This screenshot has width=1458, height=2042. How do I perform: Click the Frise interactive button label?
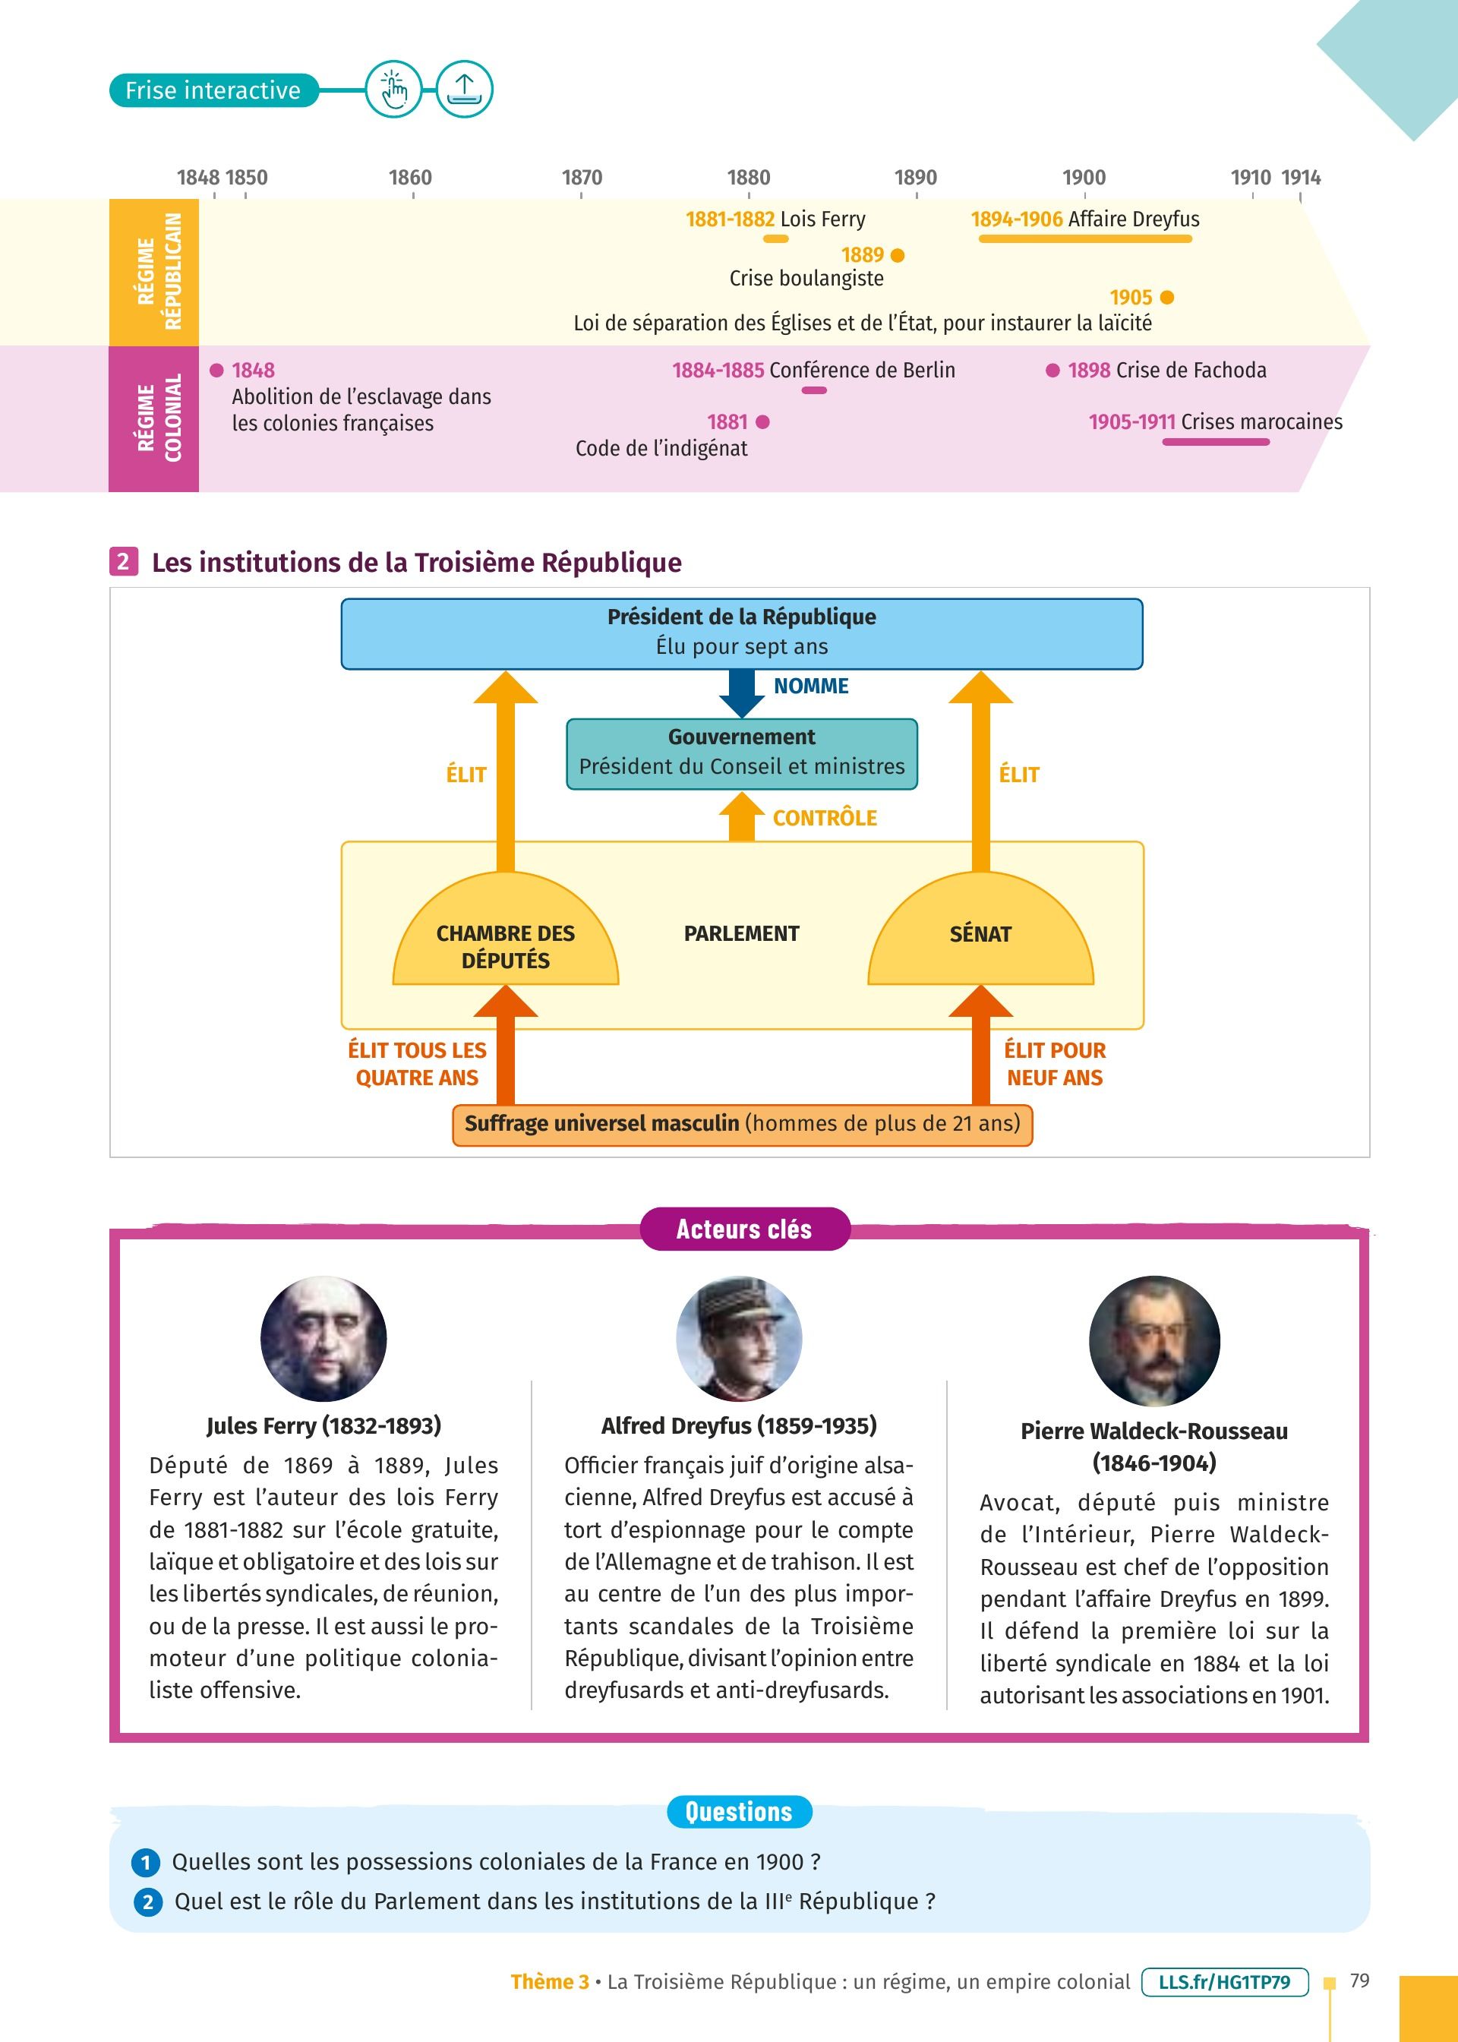(x=213, y=90)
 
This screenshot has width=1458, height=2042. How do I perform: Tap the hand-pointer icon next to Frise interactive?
(x=393, y=90)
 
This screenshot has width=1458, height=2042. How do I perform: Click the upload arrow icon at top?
(x=464, y=90)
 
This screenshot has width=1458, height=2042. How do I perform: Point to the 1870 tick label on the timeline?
(x=582, y=178)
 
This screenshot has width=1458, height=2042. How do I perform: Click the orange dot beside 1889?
(x=898, y=256)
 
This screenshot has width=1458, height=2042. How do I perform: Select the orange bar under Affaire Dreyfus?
(x=1084, y=238)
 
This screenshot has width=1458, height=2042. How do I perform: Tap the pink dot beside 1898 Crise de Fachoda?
(x=1052, y=371)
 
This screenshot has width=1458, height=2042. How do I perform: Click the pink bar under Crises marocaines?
(x=1215, y=442)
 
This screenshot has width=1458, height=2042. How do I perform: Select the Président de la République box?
(x=742, y=633)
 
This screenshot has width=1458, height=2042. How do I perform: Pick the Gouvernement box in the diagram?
(x=742, y=753)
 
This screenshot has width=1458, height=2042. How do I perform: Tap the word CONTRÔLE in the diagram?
(x=824, y=818)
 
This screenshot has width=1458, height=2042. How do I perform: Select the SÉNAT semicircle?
(x=980, y=938)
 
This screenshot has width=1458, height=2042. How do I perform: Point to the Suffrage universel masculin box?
(x=742, y=1124)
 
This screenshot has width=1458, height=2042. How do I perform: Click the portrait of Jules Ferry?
(x=323, y=1338)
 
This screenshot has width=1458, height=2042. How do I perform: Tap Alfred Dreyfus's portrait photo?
(x=739, y=1338)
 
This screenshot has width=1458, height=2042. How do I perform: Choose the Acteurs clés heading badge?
(x=744, y=1229)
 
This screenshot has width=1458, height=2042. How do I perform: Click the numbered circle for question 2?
(x=148, y=1902)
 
